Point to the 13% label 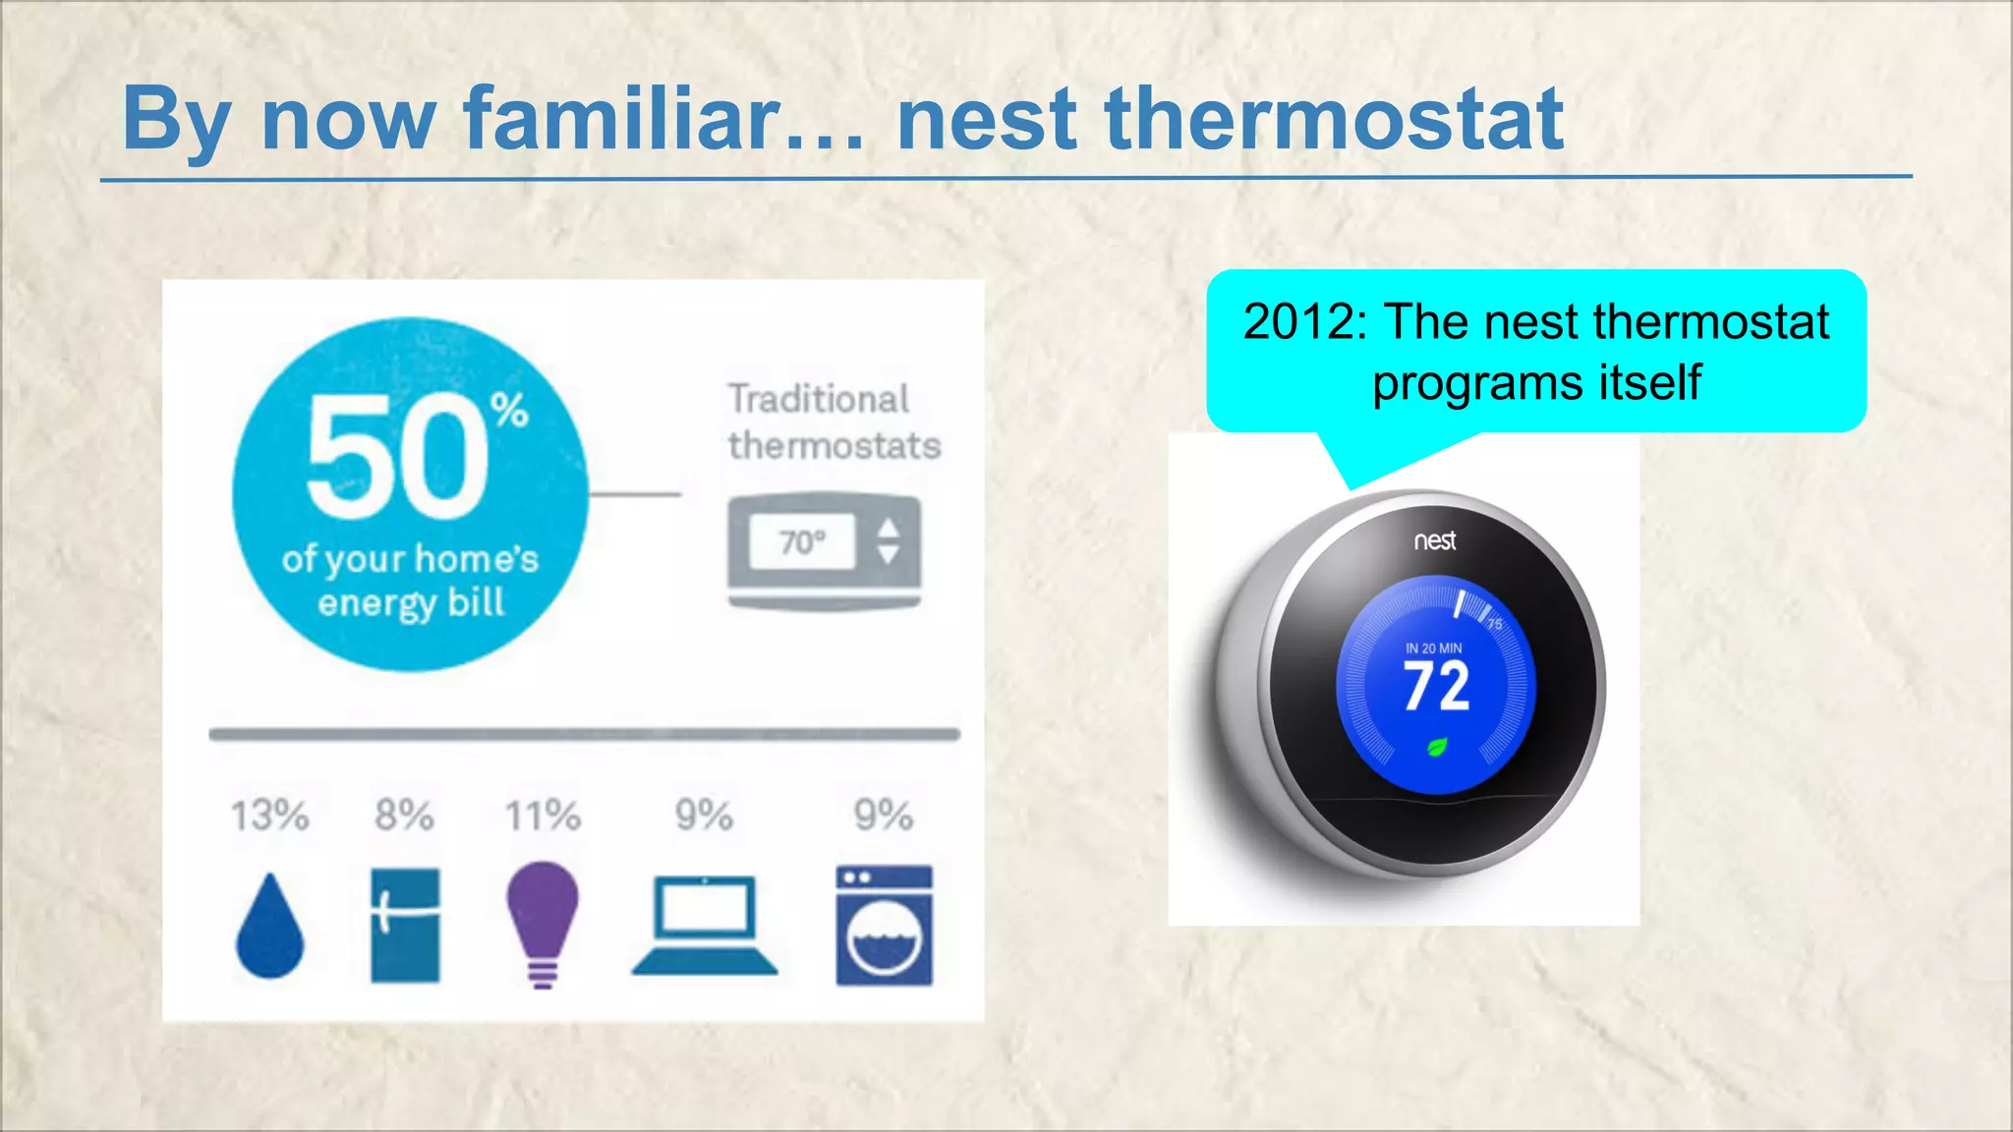coord(269,816)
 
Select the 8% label coord(404,816)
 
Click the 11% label coord(543,816)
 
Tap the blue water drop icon coord(270,929)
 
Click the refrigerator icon coord(405,925)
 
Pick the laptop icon coord(704,925)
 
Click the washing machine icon coord(884,925)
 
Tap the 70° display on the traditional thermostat coord(801,541)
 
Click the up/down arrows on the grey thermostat coord(888,541)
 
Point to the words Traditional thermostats coord(834,423)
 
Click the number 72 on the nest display coord(1436,687)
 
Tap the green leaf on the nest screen coord(1437,748)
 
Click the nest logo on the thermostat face coord(1435,540)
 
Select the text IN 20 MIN coord(1433,649)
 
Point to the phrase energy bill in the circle coord(411,602)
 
